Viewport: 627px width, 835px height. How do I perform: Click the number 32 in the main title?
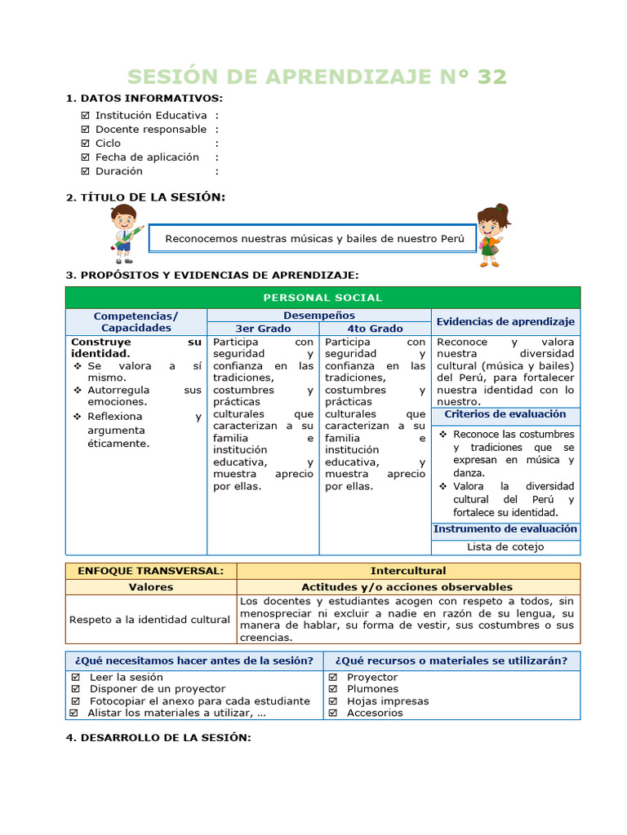tap(491, 77)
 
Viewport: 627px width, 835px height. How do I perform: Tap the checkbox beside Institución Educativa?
tap(86, 116)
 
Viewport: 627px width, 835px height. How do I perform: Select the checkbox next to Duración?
tap(86, 171)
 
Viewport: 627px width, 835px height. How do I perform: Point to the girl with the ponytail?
tap(491, 234)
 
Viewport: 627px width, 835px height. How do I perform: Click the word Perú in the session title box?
tap(452, 239)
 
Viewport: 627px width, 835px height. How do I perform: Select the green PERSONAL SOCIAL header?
tap(322, 298)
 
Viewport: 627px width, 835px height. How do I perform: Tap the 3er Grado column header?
tap(263, 328)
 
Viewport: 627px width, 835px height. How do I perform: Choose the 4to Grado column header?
tap(375, 328)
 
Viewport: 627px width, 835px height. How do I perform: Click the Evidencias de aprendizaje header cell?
tap(505, 321)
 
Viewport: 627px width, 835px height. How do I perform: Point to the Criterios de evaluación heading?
tap(505, 414)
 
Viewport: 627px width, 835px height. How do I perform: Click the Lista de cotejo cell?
tap(505, 547)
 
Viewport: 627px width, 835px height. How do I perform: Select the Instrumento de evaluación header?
tap(505, 529)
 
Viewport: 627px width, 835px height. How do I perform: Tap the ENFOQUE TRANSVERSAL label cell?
tap(150, 571)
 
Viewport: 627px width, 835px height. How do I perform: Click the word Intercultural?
tap(408, 571)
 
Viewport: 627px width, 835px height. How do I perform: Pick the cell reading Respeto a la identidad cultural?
tap(150, 620)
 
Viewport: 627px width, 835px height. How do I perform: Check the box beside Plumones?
tap(333, 689)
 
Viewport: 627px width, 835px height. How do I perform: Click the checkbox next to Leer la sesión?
tap(76, 677)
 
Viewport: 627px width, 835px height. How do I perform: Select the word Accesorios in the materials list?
tap(375, 713)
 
